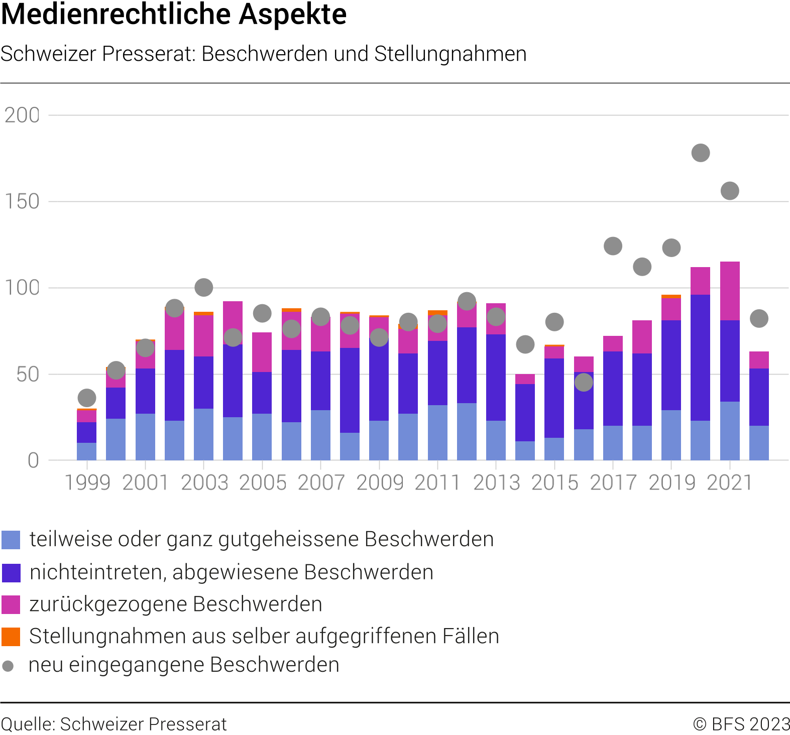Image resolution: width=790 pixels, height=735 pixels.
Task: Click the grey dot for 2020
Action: (x=701, y=153)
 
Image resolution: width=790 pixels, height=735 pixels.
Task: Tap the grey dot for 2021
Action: (x=730, y=191)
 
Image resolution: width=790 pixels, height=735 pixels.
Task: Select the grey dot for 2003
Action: (x=203, y=288)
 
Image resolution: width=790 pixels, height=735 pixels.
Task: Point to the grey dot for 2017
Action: (x=613, y=246)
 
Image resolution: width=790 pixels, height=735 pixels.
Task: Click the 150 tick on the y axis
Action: (x=22, y=202)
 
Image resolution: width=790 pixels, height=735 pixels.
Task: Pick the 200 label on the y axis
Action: (x=22, y=115)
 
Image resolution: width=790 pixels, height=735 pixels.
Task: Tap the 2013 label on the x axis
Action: (x=496, y=483)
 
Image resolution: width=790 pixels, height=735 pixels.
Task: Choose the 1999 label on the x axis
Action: (x=87, y=483)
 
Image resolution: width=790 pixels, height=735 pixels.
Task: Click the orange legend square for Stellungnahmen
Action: (x=11, y=637)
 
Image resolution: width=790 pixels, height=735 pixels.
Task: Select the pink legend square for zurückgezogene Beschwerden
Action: (x=11, y=604)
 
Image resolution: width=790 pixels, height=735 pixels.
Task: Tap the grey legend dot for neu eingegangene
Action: (x=8, y=666)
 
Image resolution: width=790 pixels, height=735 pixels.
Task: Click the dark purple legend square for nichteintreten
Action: (x=11, y=573)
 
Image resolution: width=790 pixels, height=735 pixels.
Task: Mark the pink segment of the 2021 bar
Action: (x=730, y=291)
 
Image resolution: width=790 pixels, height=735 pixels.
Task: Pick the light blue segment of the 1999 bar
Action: (x=87, y=451)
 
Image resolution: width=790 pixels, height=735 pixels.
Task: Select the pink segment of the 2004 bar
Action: (x=233, y=316)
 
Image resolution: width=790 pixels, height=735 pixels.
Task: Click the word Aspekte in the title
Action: (x=292, y=14)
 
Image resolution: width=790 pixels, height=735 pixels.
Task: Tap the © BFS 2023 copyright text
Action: (x=741, y=724)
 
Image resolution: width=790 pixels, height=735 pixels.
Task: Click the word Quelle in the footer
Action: (x=27, y=724)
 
